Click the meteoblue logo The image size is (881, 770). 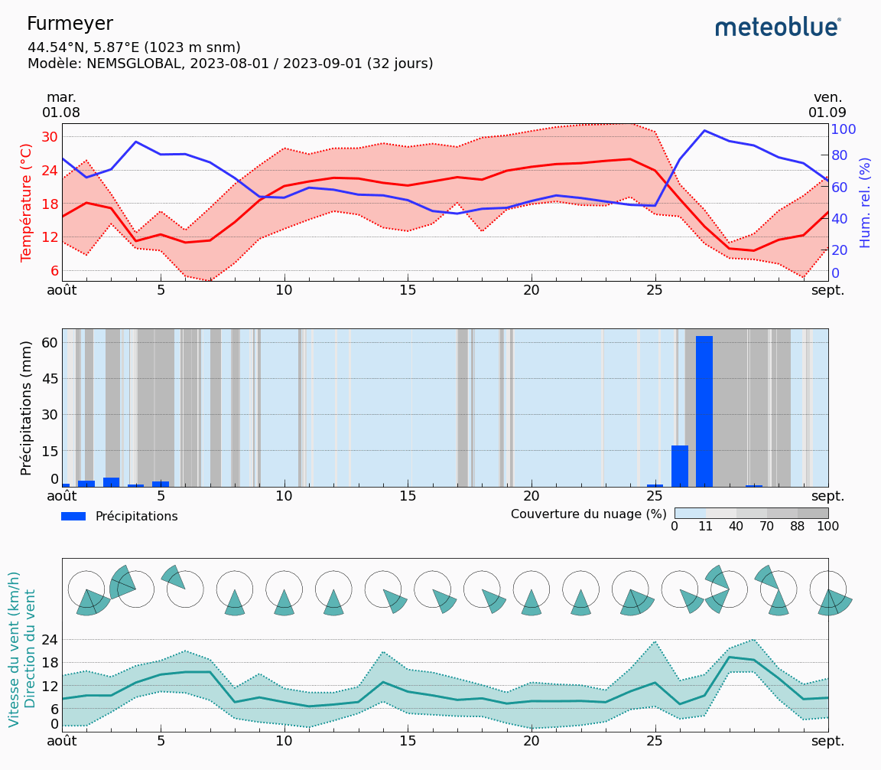tap(777, 28)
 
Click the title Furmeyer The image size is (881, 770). tap(70, 24)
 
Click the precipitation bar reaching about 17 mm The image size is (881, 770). tap(679, 465)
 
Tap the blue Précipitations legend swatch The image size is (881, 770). tap(73, 517)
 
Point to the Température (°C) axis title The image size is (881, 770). tap(27, 202)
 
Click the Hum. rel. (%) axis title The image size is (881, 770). tap(865, 202)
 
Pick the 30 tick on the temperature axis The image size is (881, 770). tap(50, 137)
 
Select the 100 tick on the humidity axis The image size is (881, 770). tap(843, 129)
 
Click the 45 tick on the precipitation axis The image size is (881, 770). tap(50, 379)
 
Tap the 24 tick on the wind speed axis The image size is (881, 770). tap(50, 639)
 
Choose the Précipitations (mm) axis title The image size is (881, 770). tap(27, 407)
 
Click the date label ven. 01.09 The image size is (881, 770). tap(827, 105)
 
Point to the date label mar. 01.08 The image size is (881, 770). tap(61, 105)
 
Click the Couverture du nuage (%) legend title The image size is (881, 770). tap(589, 514)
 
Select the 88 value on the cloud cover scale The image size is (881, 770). tap(797, 527)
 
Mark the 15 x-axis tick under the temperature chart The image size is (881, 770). tap(408, 291)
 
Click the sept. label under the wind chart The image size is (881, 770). tap(827, 741)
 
